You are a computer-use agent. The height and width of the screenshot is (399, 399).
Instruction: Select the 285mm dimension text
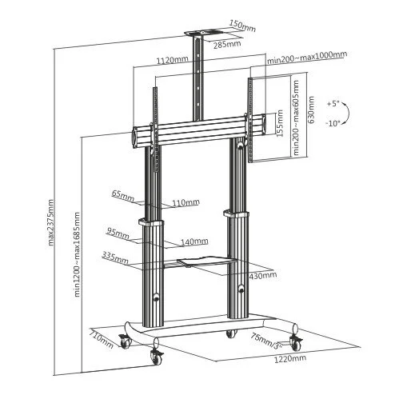(x=227, y=43)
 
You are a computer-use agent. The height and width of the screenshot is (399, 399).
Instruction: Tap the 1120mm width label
(x=172, y=60)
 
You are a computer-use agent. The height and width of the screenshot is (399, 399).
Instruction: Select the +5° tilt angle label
(x=333, y=103)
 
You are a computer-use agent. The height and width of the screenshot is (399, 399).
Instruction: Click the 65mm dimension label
(x=122, y=194)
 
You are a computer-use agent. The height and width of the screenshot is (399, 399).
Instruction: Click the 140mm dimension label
(x=193, y=241)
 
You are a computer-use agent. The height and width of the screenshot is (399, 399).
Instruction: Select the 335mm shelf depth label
(x=115, y=257)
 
